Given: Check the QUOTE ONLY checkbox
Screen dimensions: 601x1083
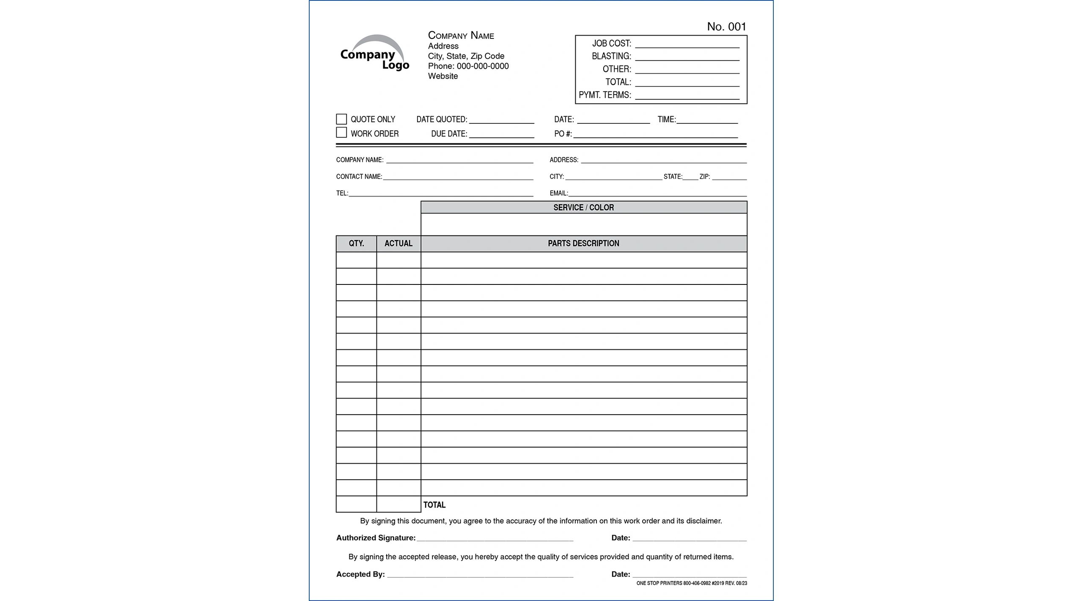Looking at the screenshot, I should point(341,119).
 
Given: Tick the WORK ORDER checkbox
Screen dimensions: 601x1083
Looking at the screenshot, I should point(341,133).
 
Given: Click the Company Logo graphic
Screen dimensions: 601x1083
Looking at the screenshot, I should point(374,54).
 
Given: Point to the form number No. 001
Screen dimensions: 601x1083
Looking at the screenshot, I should point(726,27).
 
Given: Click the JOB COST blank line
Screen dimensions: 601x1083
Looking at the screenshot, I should point(687,44).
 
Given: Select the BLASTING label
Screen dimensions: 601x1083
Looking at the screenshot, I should point(611,56).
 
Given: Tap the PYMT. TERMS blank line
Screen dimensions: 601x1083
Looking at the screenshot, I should point(687,96).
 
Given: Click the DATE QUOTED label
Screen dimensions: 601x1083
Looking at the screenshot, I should point(442,120).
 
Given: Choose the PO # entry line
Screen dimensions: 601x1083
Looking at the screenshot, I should point(655,134).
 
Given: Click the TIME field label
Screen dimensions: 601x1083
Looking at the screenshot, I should point(666,120).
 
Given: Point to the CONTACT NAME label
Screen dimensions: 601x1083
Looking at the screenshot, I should point(359,177).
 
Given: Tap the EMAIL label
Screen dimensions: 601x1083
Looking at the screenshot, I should point(558,193).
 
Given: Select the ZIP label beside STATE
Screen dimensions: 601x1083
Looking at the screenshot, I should point(704,177).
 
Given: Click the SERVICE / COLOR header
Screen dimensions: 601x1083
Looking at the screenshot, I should point(583,208).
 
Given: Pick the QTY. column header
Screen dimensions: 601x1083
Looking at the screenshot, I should point(356,243).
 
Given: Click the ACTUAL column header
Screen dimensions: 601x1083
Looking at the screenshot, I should point(398,243).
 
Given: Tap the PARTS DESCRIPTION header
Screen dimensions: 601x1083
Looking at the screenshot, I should point(583,243).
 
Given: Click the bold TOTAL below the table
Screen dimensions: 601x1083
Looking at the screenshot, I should point(434,505).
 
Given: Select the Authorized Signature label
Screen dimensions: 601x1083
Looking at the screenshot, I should point(376,538).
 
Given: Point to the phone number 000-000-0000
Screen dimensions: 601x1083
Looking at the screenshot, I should point(482,66).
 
